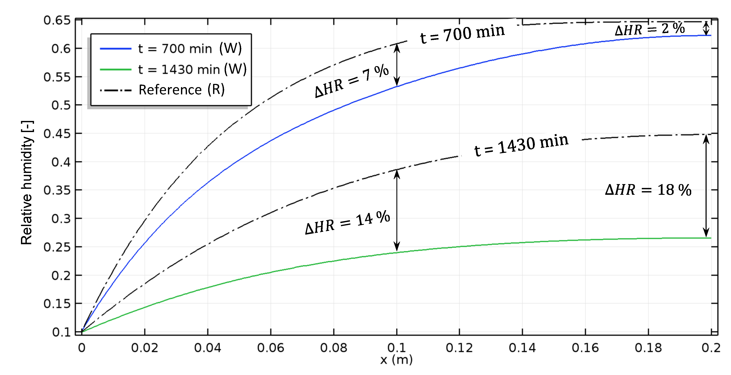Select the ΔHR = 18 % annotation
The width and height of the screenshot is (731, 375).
coord(648,190)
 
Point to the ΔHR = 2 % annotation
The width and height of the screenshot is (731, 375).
coord(650,29)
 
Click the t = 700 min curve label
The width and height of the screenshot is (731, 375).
coord(462,33)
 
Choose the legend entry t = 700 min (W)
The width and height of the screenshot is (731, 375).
coord(190,49)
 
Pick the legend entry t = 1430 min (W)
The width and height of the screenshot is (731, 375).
coord(192,69)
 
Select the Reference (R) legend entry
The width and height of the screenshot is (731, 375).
coord(181,90)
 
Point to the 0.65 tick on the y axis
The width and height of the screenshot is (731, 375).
coord(57,20)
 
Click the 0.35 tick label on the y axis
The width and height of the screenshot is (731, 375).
coord(57,190)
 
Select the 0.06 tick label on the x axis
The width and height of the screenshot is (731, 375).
coord(270,348)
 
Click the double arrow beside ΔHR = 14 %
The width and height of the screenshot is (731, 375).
coord(397,210)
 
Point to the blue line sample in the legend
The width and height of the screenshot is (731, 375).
coord(116,49)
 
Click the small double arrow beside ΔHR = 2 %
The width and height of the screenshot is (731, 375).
coord(706,28)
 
